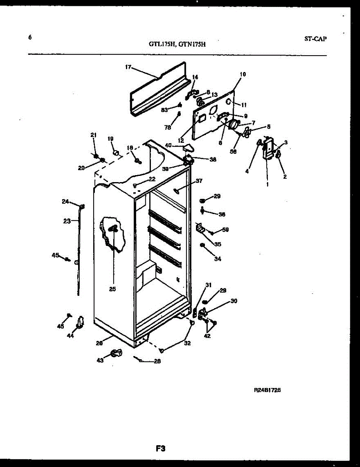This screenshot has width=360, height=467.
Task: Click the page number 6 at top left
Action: (30, 37)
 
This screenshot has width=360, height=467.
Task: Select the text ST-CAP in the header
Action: (315, 39)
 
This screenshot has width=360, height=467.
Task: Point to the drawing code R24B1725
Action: (267, 389)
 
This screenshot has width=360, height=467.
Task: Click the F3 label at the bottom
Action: (161, 449)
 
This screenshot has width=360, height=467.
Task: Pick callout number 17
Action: (128, 67)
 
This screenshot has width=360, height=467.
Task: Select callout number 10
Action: (243, 74)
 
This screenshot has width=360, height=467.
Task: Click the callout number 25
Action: (112, 289)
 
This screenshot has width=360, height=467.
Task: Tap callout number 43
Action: (100, 360)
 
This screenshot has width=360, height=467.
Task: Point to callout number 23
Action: (66, 221)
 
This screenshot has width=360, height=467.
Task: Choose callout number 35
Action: (217, 244)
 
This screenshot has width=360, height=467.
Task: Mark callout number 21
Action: (93, 135)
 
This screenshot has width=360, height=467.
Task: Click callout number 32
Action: (187, 343)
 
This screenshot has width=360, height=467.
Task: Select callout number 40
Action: (168, 145)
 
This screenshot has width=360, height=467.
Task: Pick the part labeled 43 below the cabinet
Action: (115, 353)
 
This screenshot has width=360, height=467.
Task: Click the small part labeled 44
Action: (81, 321)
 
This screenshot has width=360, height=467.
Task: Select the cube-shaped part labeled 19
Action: (115, 151)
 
